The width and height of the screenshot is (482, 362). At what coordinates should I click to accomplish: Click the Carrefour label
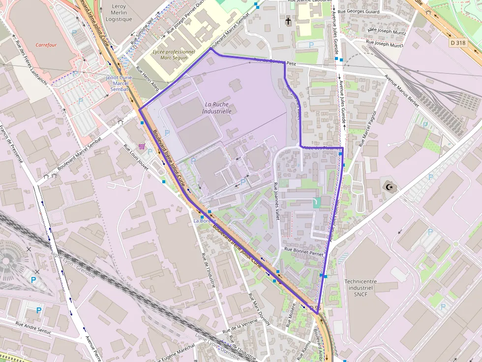[x=46, y=45]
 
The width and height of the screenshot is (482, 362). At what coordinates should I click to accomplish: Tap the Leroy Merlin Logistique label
[x=119, y=13]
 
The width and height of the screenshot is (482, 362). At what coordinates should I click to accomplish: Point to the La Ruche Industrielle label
[x=216, y=108]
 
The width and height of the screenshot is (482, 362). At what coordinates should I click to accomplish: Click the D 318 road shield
[x=457, y=43]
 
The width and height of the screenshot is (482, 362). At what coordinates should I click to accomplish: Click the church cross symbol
[x=288, y=21]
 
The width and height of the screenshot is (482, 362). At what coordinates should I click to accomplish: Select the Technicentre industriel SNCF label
[x=361, y=288]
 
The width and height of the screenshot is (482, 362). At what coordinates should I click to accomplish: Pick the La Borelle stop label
[x=204, y=221]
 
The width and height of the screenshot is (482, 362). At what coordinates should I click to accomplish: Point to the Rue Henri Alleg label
[x=148, y=79]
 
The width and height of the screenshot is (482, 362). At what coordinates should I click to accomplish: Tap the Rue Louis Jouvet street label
[x=136, y=158]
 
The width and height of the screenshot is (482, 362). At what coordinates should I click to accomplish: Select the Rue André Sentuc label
[x=33, y=328]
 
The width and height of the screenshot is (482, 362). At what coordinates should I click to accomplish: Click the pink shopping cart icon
[x=142, y=146]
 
